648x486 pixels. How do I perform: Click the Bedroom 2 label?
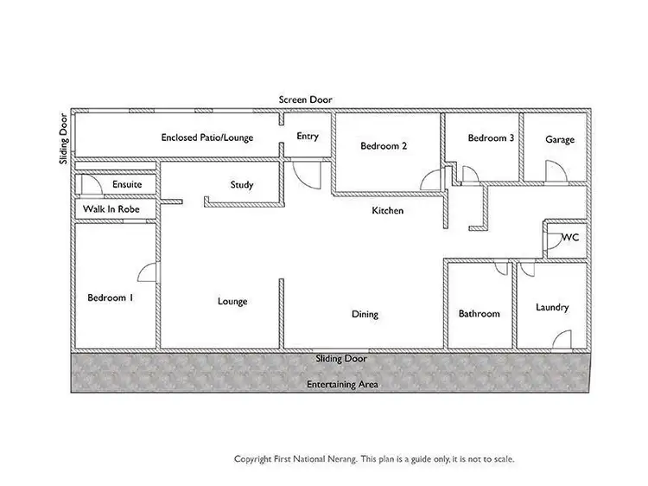(x=384, y=146)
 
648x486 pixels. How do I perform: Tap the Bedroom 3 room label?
(x=492, y=138)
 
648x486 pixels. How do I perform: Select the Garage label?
(x=559, y=140)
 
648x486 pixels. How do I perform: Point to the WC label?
(x=570, y=237)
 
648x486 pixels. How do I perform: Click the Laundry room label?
(x=552, y=307)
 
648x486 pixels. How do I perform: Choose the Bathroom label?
(x=479, y=314)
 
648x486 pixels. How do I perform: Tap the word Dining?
(x=365, y=314)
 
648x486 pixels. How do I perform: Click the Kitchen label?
(x=387, y=211)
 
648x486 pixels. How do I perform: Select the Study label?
(x=242, y=185)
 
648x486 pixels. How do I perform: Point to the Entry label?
(x=308, y=137)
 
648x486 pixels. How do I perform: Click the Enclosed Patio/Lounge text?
(x=207, y=137)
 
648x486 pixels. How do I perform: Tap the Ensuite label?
(x=127, y=185)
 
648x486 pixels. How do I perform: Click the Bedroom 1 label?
(x=111, y=298)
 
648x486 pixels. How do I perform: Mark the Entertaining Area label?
(x=342, y=384)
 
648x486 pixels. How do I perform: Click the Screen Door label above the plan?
(x=305, y=100)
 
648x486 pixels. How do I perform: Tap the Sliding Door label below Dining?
(x=340, y=358)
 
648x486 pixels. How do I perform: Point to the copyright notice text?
(x=374, y=459)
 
